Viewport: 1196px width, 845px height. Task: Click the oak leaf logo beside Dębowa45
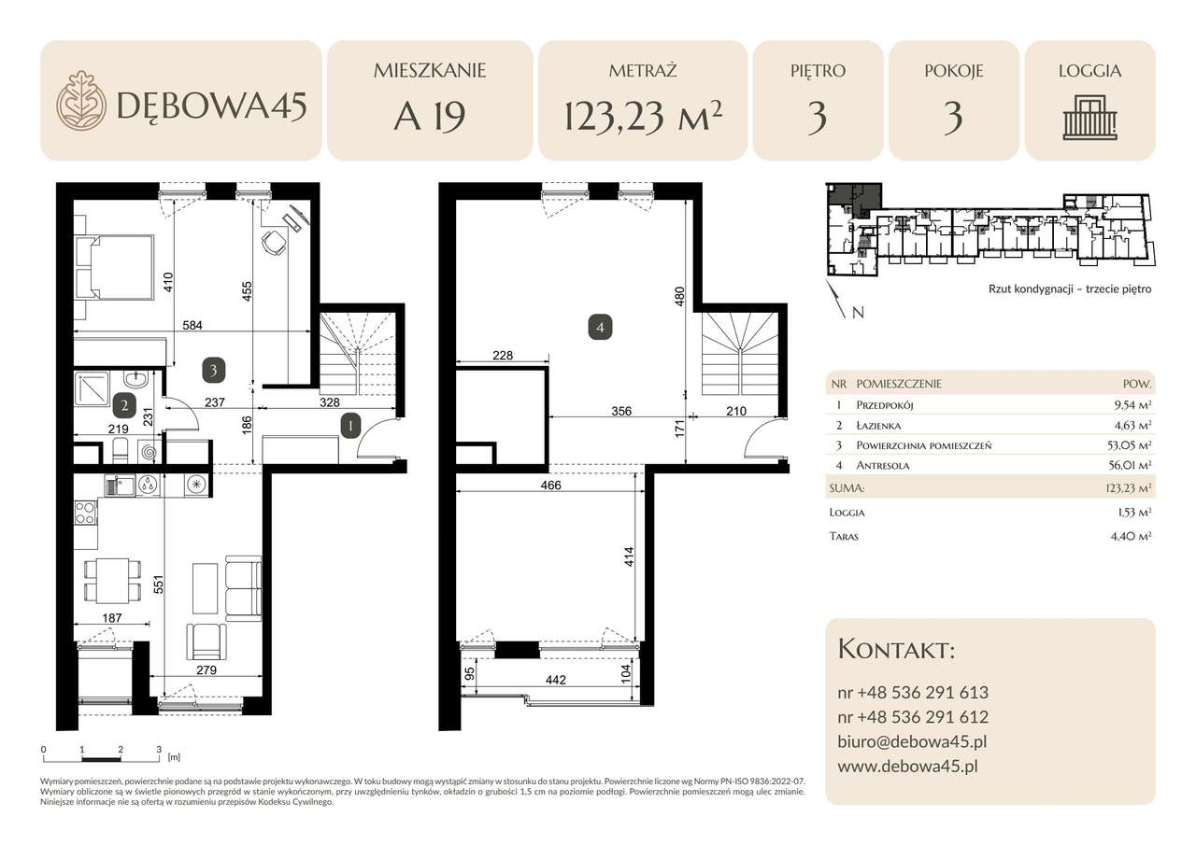click(x=81, y=100)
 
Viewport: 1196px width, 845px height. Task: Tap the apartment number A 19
click(x=430, y=117)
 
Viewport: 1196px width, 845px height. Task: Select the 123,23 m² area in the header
click(x=643, y=116)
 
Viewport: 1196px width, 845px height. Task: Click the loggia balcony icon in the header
click(x=1089, y=118)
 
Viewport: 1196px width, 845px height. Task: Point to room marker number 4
click(x=600, y=327)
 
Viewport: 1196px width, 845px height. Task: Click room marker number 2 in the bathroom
click(x=124, y=406)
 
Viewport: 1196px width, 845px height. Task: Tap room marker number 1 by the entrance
click(x=350, y=426)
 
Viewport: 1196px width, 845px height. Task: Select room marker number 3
click(x=214, y=371)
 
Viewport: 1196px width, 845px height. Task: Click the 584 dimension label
click(x=192, y=325)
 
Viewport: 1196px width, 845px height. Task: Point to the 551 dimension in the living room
click(x=158, y=584)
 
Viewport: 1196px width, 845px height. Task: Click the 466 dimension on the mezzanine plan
click(x=551, y=485)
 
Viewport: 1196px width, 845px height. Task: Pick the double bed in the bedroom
click(x=114, y=267)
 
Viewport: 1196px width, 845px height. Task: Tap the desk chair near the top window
click(x=275, y=243)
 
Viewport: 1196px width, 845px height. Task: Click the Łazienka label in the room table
click(x=878, y=426)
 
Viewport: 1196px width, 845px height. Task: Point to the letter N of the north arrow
click(x=858, y=313)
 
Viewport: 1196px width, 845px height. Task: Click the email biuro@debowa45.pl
click(x=912, y=741)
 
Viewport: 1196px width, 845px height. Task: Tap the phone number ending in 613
click(x=913, y=693)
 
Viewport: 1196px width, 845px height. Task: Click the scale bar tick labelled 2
click(x=121, y=750)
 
